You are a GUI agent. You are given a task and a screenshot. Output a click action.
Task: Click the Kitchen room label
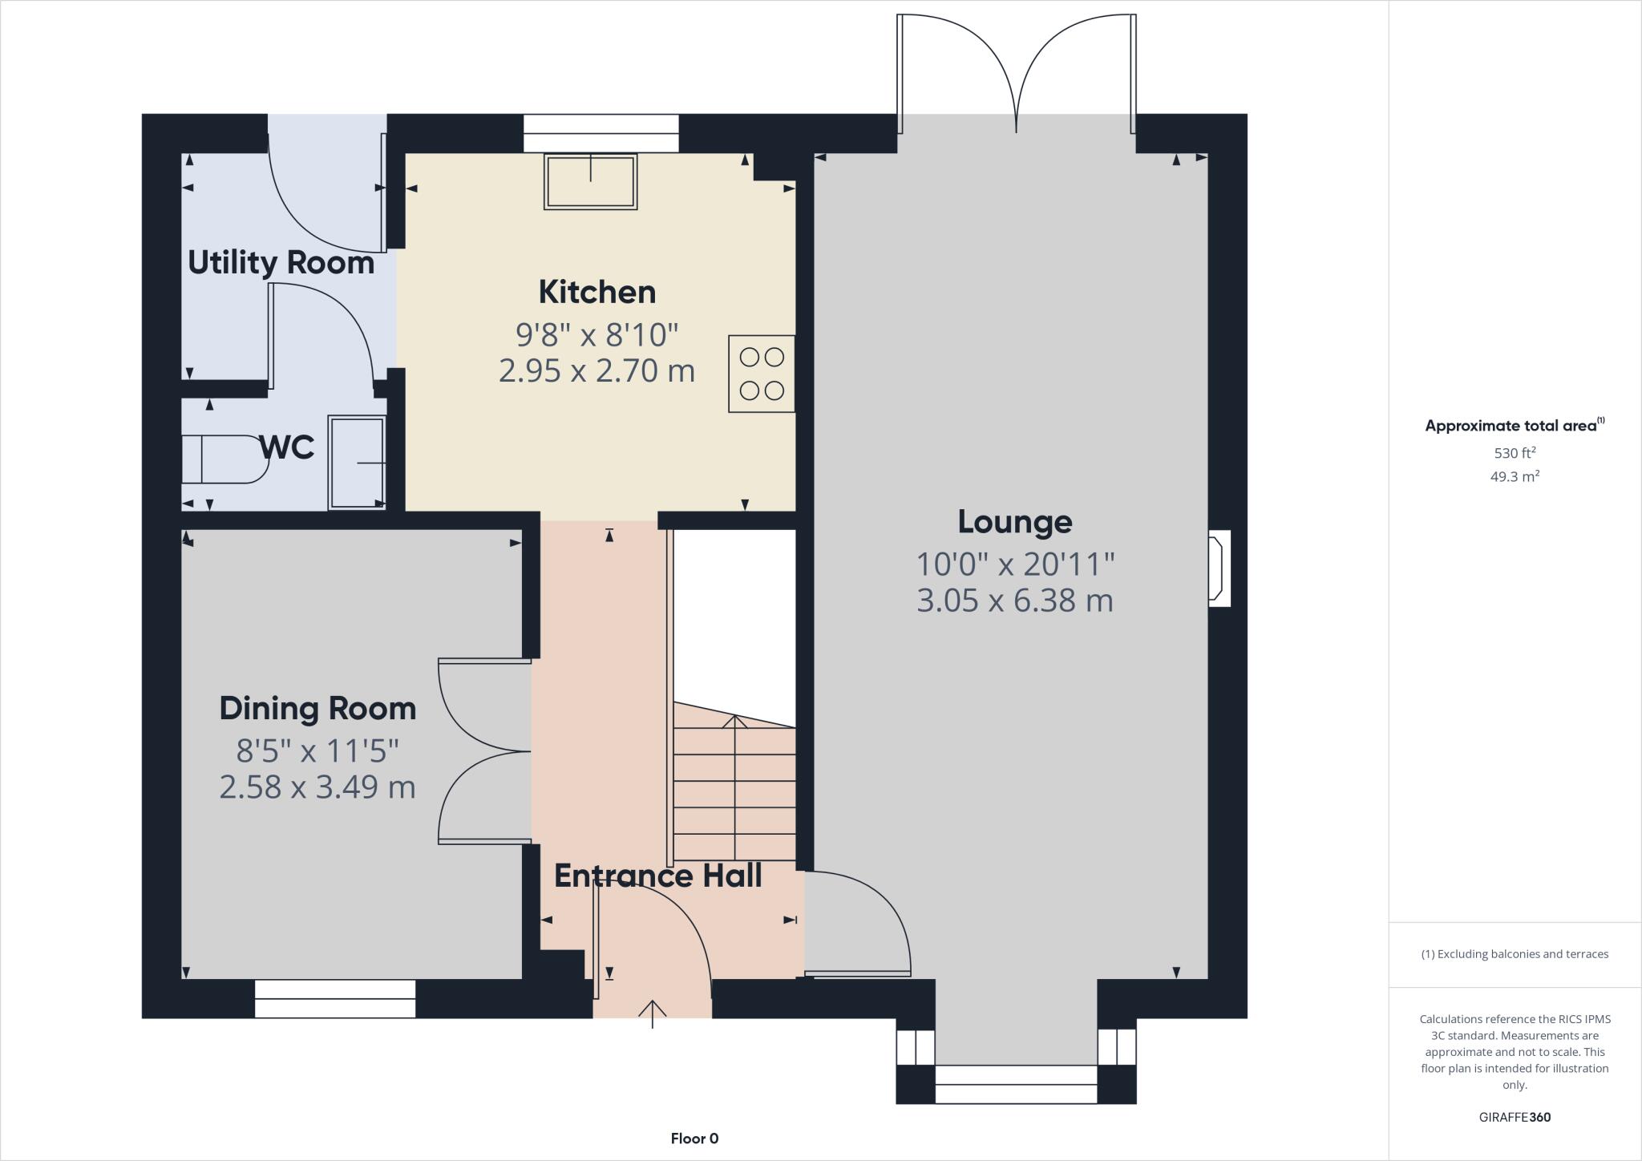point(597,292)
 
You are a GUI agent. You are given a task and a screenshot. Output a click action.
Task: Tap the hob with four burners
point(761,374)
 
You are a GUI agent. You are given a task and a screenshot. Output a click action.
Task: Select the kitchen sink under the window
point(591,182)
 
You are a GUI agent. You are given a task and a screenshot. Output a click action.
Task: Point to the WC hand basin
point(357,463)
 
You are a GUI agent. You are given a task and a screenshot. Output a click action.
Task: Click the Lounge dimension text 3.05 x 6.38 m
point(1014,601)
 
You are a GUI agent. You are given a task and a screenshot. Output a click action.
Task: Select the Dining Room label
point(317,709)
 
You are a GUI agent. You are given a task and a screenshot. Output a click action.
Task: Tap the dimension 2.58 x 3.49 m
point(317,787)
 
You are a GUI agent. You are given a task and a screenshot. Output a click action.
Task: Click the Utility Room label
point(281,263)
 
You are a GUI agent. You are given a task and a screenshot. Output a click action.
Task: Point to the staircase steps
point(734,794)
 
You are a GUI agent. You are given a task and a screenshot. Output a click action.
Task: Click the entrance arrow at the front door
point(653,1013)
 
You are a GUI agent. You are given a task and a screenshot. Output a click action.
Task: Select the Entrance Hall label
point(657,876)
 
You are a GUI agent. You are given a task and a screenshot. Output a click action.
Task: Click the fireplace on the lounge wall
point(1219,568)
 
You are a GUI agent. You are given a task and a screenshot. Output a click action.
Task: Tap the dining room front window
point(335,999)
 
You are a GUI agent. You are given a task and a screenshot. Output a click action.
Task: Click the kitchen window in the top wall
point(601,133)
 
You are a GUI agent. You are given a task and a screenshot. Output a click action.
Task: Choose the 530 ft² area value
point(1514,453)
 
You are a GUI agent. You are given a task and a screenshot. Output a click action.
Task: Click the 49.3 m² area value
point(1514,477)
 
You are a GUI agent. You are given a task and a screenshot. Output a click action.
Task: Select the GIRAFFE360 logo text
point(1514,1118)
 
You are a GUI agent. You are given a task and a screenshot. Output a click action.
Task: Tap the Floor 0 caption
point(694,1139)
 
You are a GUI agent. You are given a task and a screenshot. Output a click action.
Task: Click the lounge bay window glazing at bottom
point(1016,1084)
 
